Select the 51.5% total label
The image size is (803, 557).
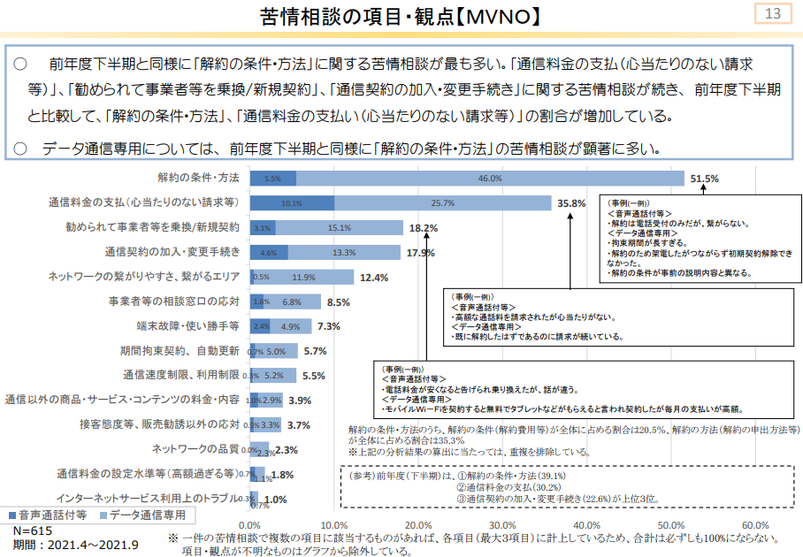point(704,179)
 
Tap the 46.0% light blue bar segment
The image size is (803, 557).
point(490,179)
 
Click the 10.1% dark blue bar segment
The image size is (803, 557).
point(292,203)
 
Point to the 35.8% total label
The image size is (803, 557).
point(571,203)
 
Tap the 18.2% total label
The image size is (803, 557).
point(424,228)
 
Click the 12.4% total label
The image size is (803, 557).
point(375,277)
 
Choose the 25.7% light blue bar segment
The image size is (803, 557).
point(442,203)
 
